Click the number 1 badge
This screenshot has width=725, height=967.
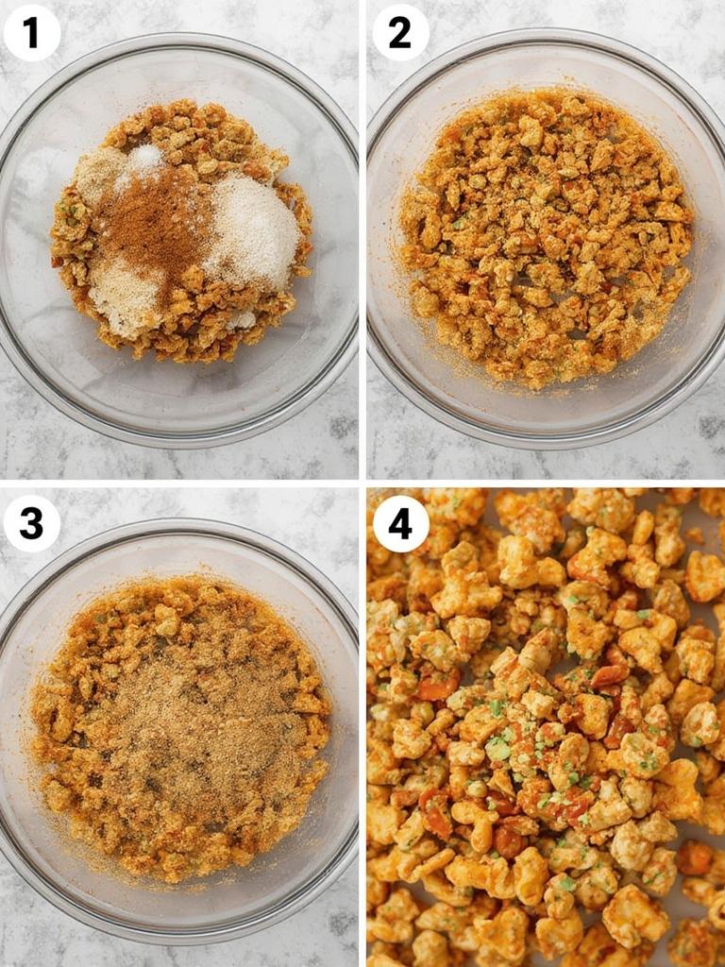click(31, 32)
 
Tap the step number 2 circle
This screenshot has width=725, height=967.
click(400, 32)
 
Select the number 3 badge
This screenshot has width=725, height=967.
click(31, 523)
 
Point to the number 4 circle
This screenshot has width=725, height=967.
click(400, 523)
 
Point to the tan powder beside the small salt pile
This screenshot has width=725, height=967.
click(99, 175)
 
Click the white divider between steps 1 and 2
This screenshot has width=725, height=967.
click(362, 236)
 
